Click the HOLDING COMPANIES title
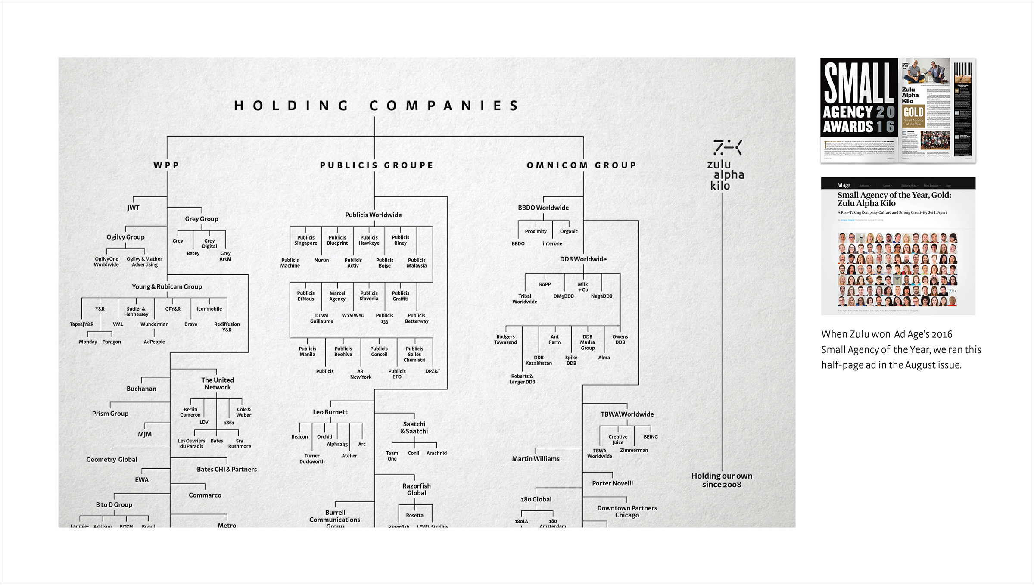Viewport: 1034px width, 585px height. pos(376,106)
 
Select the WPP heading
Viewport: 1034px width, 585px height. pos(166,165)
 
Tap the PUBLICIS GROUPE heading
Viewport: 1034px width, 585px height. pos(377,165)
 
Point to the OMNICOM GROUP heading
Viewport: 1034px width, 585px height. pos(582,165)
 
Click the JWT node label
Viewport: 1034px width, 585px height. pos(133,208)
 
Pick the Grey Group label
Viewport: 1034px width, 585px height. pos(202,219)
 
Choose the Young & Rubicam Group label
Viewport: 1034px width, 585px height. pos(167,287)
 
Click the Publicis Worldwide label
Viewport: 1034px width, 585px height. pos(373,215)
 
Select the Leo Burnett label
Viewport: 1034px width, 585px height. pos(330,412)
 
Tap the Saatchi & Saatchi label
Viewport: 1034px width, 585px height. pos(414,428)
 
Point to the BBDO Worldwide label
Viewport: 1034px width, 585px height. pos(543,208)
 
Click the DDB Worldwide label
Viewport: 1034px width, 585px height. pos(583,259)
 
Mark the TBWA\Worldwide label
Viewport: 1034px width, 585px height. pos(627,414)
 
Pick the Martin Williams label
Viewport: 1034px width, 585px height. pos(536,459)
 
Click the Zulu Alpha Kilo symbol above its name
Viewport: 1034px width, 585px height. pos(727,148)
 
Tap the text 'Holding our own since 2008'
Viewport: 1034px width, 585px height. pos(722,480)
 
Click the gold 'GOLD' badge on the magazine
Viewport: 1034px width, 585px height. pos(913,112)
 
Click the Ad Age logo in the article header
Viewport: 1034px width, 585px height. pos(843,185)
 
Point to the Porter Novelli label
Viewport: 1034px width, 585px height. pos(612,483)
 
